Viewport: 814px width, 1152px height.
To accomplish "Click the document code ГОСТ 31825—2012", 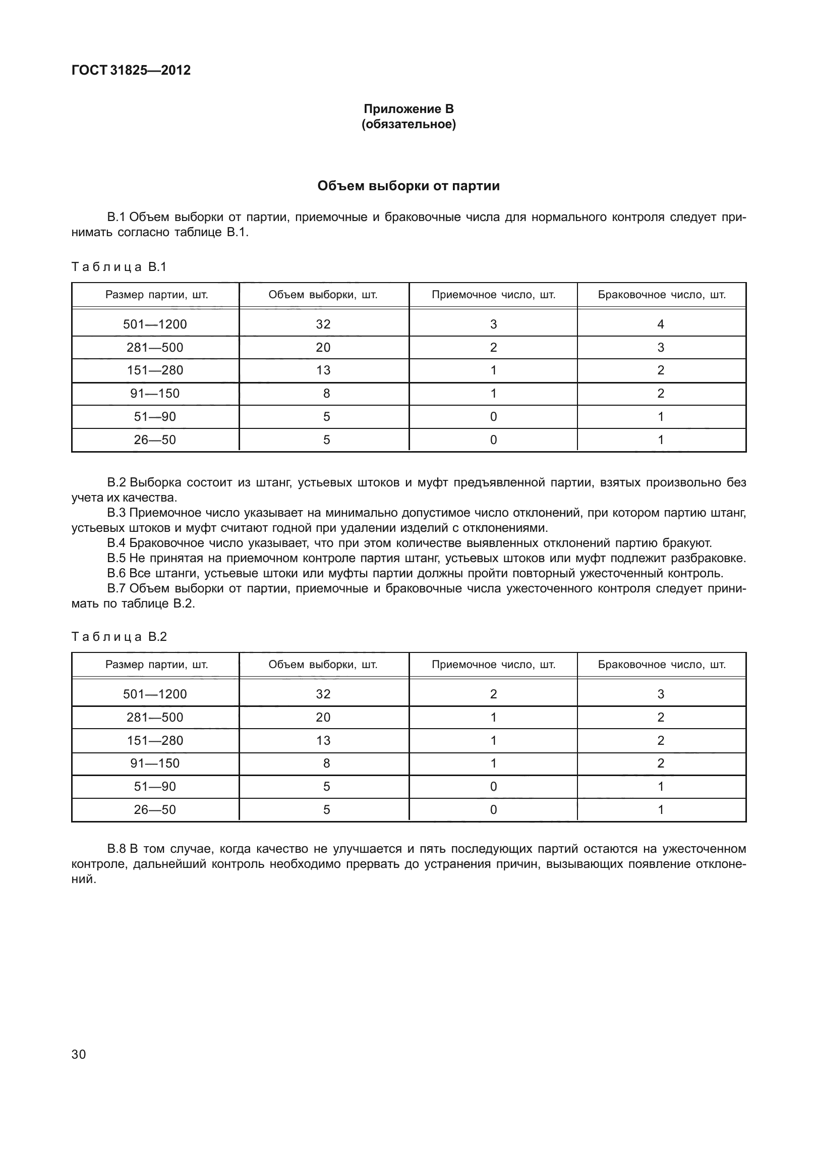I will pos(131,71).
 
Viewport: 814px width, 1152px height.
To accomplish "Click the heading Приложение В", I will pos(409,109).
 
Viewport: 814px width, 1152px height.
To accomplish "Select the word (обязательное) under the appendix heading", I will pos(409,124).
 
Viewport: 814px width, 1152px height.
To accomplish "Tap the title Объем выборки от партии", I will pos(409,186).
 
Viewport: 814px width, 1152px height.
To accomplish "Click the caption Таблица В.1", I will pos(119,267).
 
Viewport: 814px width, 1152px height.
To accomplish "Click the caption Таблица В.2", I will pos(119,637).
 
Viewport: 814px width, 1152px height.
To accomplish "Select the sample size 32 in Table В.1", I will pos(323,324).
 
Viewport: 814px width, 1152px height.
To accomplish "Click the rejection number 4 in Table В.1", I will pos(661,324).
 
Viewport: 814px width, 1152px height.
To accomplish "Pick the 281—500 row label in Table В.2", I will pos(155,718).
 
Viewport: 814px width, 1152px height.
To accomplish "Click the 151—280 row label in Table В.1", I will pos(155,370).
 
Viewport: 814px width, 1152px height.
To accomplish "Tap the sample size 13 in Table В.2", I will pos(323,741).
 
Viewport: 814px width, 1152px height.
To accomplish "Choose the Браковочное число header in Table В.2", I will pos(662,665).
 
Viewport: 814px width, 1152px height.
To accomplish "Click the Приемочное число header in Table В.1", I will pos(493,295).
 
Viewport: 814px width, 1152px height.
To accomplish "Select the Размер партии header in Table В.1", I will pos(156,295).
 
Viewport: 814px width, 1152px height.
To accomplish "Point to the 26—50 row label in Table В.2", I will pos(155,810).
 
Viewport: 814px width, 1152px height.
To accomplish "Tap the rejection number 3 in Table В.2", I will pos(661,694).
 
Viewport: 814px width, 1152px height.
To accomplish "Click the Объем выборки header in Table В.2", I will pos(323,665).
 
